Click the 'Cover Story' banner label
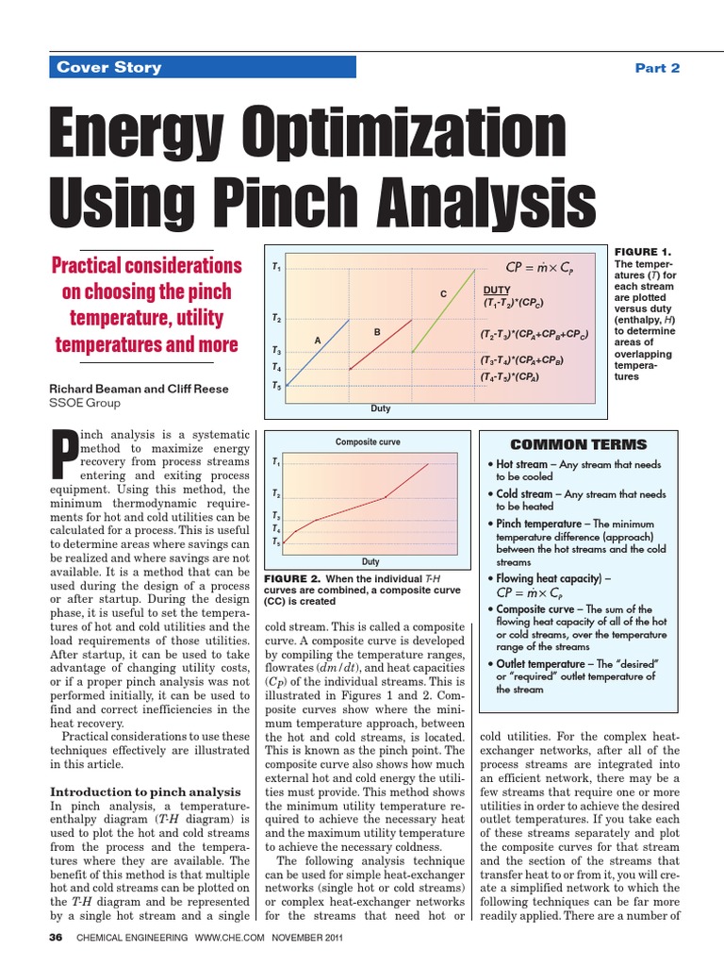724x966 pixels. [x=109, y=67]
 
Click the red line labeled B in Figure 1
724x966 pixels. [x=382, y=343]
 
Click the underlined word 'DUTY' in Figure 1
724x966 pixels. [x=496, y=291]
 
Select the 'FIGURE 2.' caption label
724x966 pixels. [x=293, y=578]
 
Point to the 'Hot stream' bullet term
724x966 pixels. [x=521, y=465]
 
